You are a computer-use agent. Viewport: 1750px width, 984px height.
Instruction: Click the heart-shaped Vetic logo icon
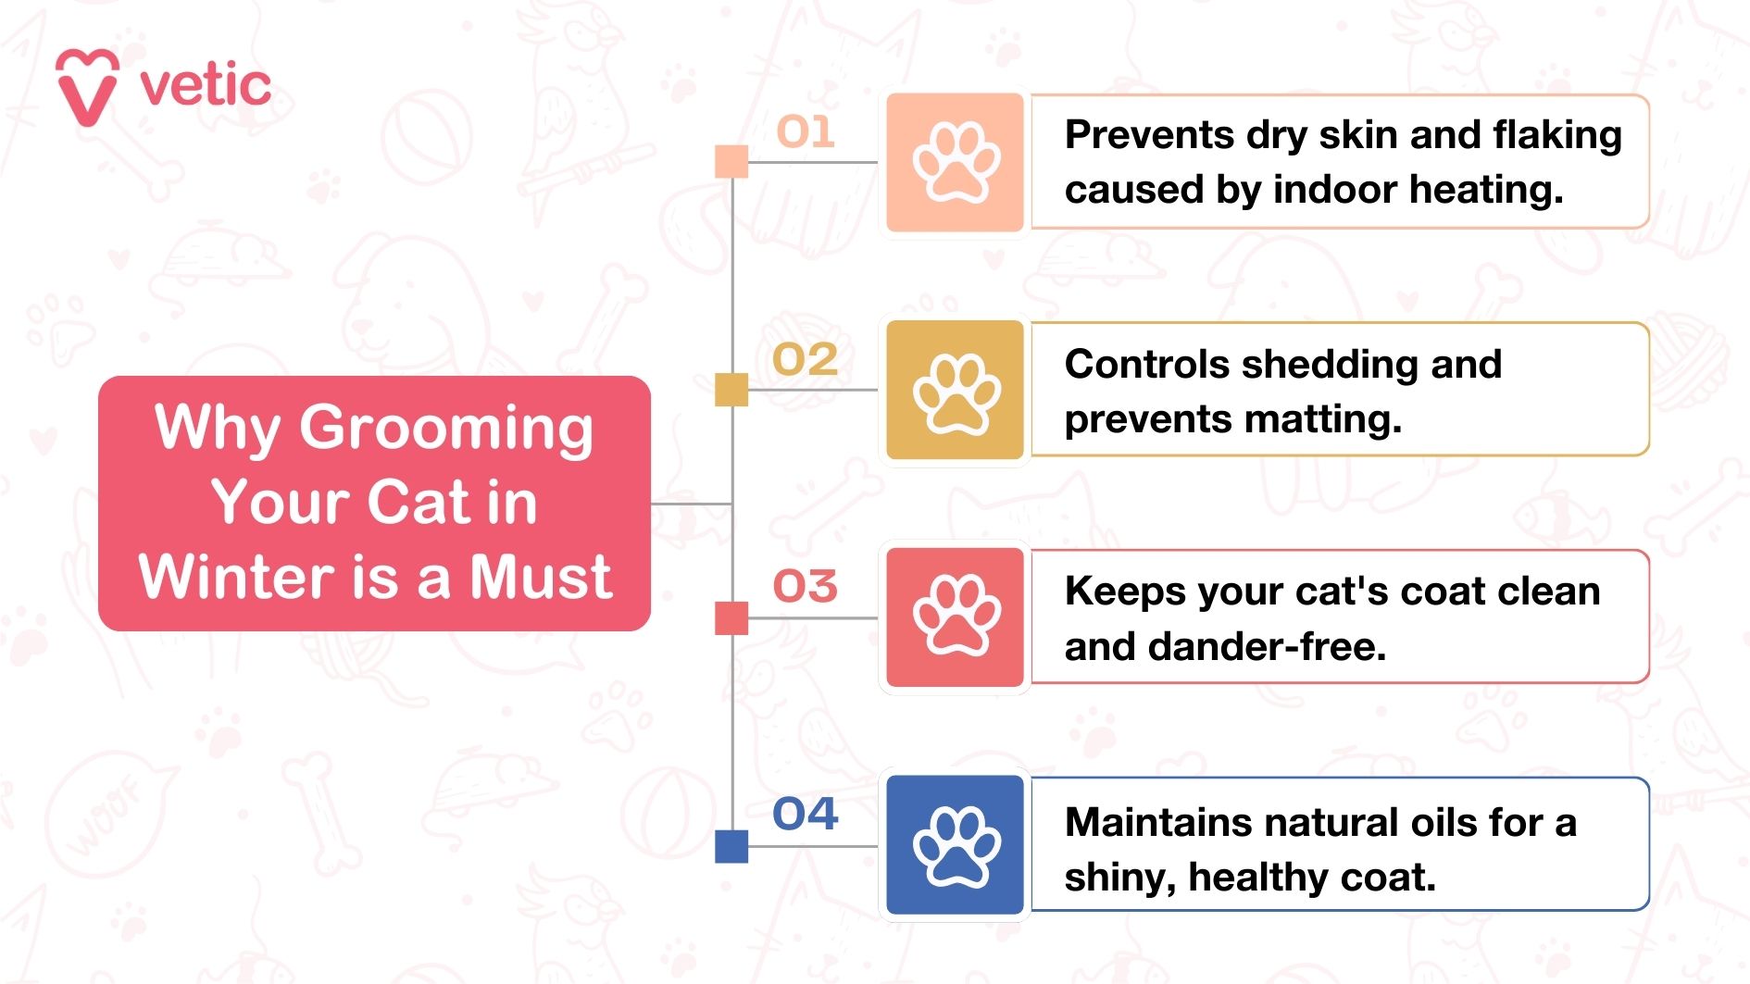[x=87, y=87]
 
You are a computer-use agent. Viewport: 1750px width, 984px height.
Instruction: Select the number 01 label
[x=806, y=131]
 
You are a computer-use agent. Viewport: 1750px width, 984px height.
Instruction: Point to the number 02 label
[x=806, y=359]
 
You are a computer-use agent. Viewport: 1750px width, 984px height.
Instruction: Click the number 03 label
[x=806, y=586]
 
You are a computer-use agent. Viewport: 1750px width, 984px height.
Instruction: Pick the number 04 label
[x=806, y=814]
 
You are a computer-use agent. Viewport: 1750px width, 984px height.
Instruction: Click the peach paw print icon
[x=956, y=162]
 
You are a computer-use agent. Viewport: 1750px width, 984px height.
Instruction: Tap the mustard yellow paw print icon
[x=956, y=390]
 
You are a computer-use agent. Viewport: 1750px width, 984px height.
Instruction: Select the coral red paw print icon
[x=956, y=617]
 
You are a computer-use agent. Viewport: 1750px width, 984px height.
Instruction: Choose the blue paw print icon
[x=956, y=845]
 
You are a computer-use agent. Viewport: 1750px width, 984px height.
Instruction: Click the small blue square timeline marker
[x=731, y=846]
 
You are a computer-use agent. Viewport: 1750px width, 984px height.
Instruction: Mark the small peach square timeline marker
[x=731, y=161]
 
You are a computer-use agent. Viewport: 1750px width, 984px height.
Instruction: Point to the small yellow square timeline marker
[x=731, y=390]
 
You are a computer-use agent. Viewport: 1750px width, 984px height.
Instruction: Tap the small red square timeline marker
[x=731, y=618]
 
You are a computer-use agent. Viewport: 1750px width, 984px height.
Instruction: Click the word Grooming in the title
[x=446, y=430]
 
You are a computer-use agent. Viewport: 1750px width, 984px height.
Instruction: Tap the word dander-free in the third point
[x=1267, y=646]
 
